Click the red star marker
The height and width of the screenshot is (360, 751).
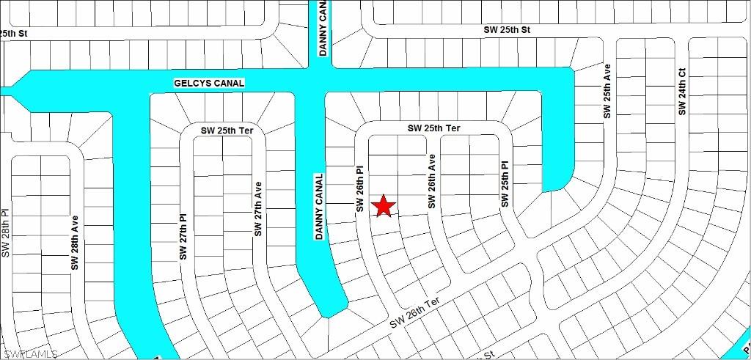(x=384, y=206)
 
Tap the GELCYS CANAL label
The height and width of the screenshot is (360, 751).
(x=209, y=84)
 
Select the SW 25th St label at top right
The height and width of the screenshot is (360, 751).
(x=507, y=30)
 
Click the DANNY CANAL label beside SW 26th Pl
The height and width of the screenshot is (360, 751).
(x=319, y=206)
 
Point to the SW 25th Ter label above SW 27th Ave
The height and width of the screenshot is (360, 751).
(x=227, y=131)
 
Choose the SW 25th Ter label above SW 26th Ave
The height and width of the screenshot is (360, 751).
(x=434, y=128)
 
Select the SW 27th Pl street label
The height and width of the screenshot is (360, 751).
(x=183, y=237)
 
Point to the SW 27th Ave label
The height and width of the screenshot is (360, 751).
(x=258, y=209)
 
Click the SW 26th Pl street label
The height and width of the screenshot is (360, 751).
(x=360, y=189)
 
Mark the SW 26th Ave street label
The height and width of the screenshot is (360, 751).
(x=433, y=181)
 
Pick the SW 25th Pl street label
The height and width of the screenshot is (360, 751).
(x=505, y=184)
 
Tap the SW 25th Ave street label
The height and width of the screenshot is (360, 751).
(x=607, y=91)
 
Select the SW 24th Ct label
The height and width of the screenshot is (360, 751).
(x=681, y=92)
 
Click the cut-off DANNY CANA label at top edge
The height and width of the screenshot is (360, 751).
(x=323, y=27)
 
